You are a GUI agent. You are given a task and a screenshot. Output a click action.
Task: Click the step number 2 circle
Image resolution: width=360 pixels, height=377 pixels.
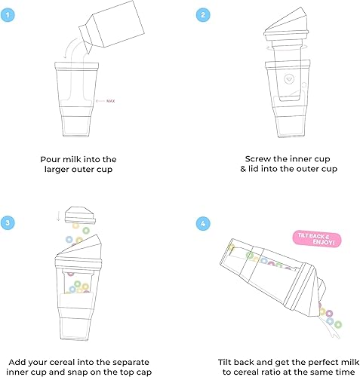[x=202, y=14]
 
